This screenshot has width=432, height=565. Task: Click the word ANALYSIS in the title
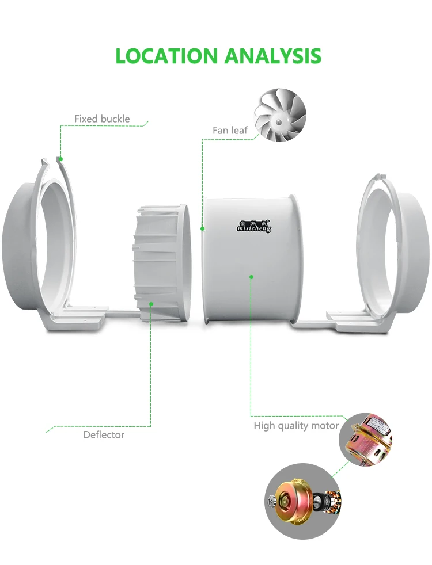pos(272,56)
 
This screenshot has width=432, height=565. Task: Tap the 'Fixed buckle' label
pos(102,119)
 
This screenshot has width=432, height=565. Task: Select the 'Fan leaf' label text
pos(230,131)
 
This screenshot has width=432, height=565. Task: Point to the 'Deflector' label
pos(104,435)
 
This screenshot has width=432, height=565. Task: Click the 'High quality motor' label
pos(296,426)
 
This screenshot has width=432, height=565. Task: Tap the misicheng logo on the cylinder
pos(253,226)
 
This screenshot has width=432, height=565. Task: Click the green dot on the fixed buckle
pos(60,158)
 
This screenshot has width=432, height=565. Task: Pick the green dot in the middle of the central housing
pos(251,277)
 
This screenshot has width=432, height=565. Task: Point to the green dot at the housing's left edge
pos(203,228)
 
